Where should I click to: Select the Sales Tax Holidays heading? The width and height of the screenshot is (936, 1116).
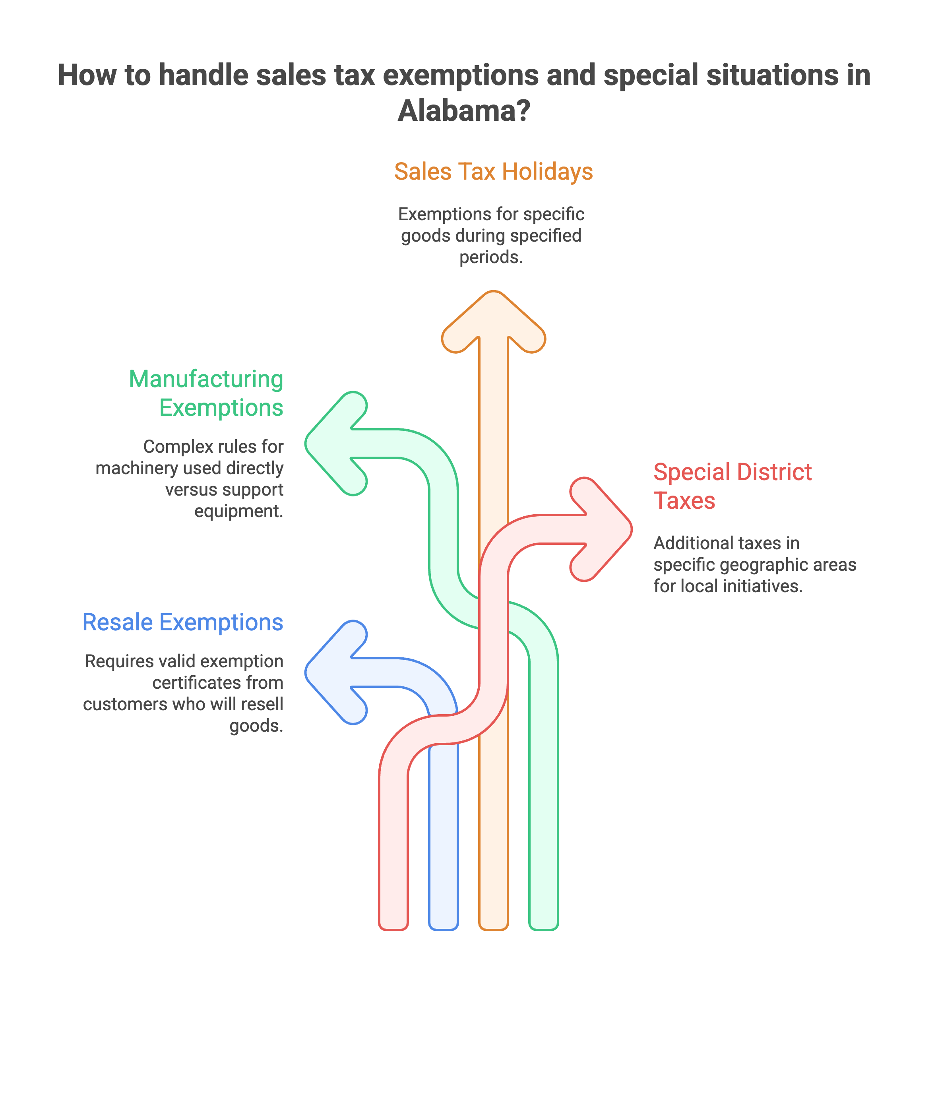coord(493,172)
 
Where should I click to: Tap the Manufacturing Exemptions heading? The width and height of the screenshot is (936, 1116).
coord(206,393)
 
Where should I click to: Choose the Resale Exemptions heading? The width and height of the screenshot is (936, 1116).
coord(183,622)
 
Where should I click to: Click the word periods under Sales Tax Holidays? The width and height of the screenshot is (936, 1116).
coord(490,257)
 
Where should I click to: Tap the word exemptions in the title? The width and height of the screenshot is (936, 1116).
coord(461,75)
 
